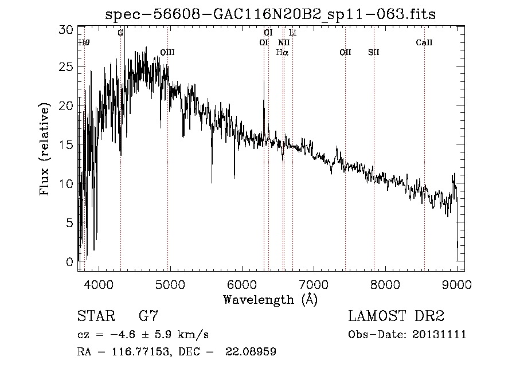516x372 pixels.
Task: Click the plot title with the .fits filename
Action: [271, 14]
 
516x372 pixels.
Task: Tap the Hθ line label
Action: [84, 42]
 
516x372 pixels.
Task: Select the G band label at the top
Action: [120, 33]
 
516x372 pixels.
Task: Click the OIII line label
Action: [167, 52]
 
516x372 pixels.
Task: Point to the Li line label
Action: [292, 33]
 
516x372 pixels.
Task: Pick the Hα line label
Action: [282, 52]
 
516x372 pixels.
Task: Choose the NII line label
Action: [284, 42]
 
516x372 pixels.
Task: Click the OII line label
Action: [345, 52]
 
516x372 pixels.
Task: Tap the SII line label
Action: [374, 52]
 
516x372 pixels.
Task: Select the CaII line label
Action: [424, 42]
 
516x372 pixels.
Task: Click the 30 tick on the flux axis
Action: [67, 29]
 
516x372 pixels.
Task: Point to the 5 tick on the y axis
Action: [70, 223]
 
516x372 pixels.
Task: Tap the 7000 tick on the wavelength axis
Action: [314, 284]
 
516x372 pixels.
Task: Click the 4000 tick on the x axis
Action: [99, 284]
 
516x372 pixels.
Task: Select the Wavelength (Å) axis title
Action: [270, 299]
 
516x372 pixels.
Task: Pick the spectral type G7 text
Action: [149, 316]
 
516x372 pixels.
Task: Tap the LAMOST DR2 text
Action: [396, 316]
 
